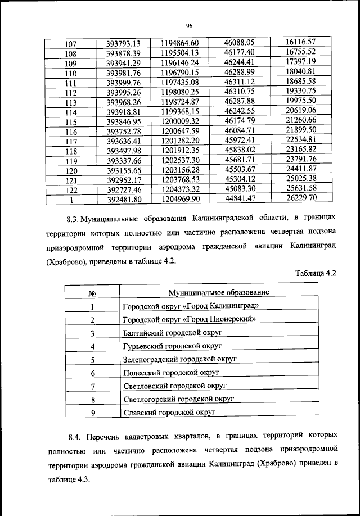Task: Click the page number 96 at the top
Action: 190,25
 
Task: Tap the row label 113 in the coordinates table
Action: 71,102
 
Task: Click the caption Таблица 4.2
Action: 316,273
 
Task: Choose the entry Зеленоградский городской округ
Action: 179,359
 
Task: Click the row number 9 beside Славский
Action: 92,413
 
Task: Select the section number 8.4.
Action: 75,436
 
